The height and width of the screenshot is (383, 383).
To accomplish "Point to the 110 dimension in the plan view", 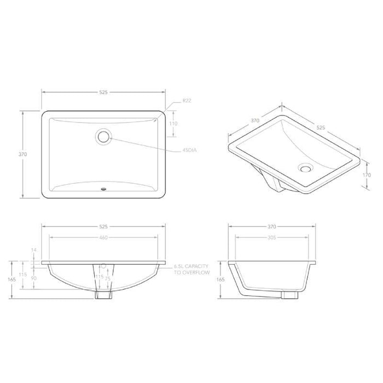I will pos(174,124).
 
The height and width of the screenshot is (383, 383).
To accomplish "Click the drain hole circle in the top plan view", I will pos(103,136).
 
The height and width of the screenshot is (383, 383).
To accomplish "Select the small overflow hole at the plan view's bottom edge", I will pos(103,190).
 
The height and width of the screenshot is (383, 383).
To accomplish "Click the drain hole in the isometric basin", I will pos(305,168).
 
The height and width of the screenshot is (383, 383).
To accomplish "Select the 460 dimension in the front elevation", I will pos(103,237).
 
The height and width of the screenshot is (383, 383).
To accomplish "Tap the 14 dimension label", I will pos(34,250).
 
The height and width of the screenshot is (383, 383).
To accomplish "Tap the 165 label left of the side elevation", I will pos(221,280).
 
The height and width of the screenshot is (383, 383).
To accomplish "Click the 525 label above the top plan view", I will pos(103,92).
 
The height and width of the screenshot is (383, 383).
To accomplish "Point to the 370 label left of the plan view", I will pos(23,154).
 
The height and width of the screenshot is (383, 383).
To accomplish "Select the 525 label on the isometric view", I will pos(321,127).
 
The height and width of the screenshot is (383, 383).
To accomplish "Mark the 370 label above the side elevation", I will pos(272,226).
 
